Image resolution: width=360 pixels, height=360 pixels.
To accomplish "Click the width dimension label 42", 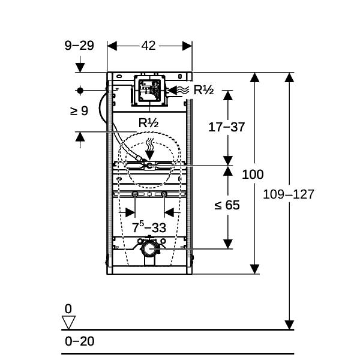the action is click(x=148, y=46).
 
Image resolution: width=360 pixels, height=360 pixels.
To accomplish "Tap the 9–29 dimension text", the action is click(x=79, y=46).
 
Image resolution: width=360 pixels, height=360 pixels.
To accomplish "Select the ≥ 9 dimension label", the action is click(x=79, y=111).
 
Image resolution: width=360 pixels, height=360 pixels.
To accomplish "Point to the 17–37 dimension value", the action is click(x=226, y=127).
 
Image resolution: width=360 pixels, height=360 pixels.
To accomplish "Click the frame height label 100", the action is click(x=253, y=175).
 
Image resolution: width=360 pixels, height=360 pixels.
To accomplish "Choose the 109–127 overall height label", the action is click(x=289, y=194).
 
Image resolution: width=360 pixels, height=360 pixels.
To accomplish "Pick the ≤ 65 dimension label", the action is click(x=227, y=205).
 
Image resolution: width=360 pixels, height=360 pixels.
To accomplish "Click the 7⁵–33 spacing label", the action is click(x=149, y=227).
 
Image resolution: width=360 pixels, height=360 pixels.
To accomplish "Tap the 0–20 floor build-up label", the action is click(x=79, y=341).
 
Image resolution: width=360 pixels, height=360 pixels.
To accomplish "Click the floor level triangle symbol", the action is click(x=68, y=322).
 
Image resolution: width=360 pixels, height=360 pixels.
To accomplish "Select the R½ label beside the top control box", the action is click(x=203, y=90).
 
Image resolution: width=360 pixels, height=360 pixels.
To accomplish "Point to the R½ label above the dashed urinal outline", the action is click(x=149, y=123).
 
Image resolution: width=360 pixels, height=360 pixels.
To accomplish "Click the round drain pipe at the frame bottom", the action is click(x=149, y=249).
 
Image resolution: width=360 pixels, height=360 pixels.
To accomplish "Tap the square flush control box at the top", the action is click(x=149, y=91).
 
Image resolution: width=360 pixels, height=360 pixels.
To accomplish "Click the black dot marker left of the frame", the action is click(x=80, y=91).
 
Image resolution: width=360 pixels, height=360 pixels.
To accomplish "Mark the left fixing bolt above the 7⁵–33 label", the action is click(x=135, y=194).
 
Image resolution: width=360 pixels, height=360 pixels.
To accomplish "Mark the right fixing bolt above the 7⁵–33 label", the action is click(x=164, y=194).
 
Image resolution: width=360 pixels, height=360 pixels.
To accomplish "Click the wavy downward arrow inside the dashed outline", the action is click(x=150, y=149).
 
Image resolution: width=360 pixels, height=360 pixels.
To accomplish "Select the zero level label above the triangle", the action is click(x=68, y=309).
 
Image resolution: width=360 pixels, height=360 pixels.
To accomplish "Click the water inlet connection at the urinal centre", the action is click(x=149, y=166).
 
